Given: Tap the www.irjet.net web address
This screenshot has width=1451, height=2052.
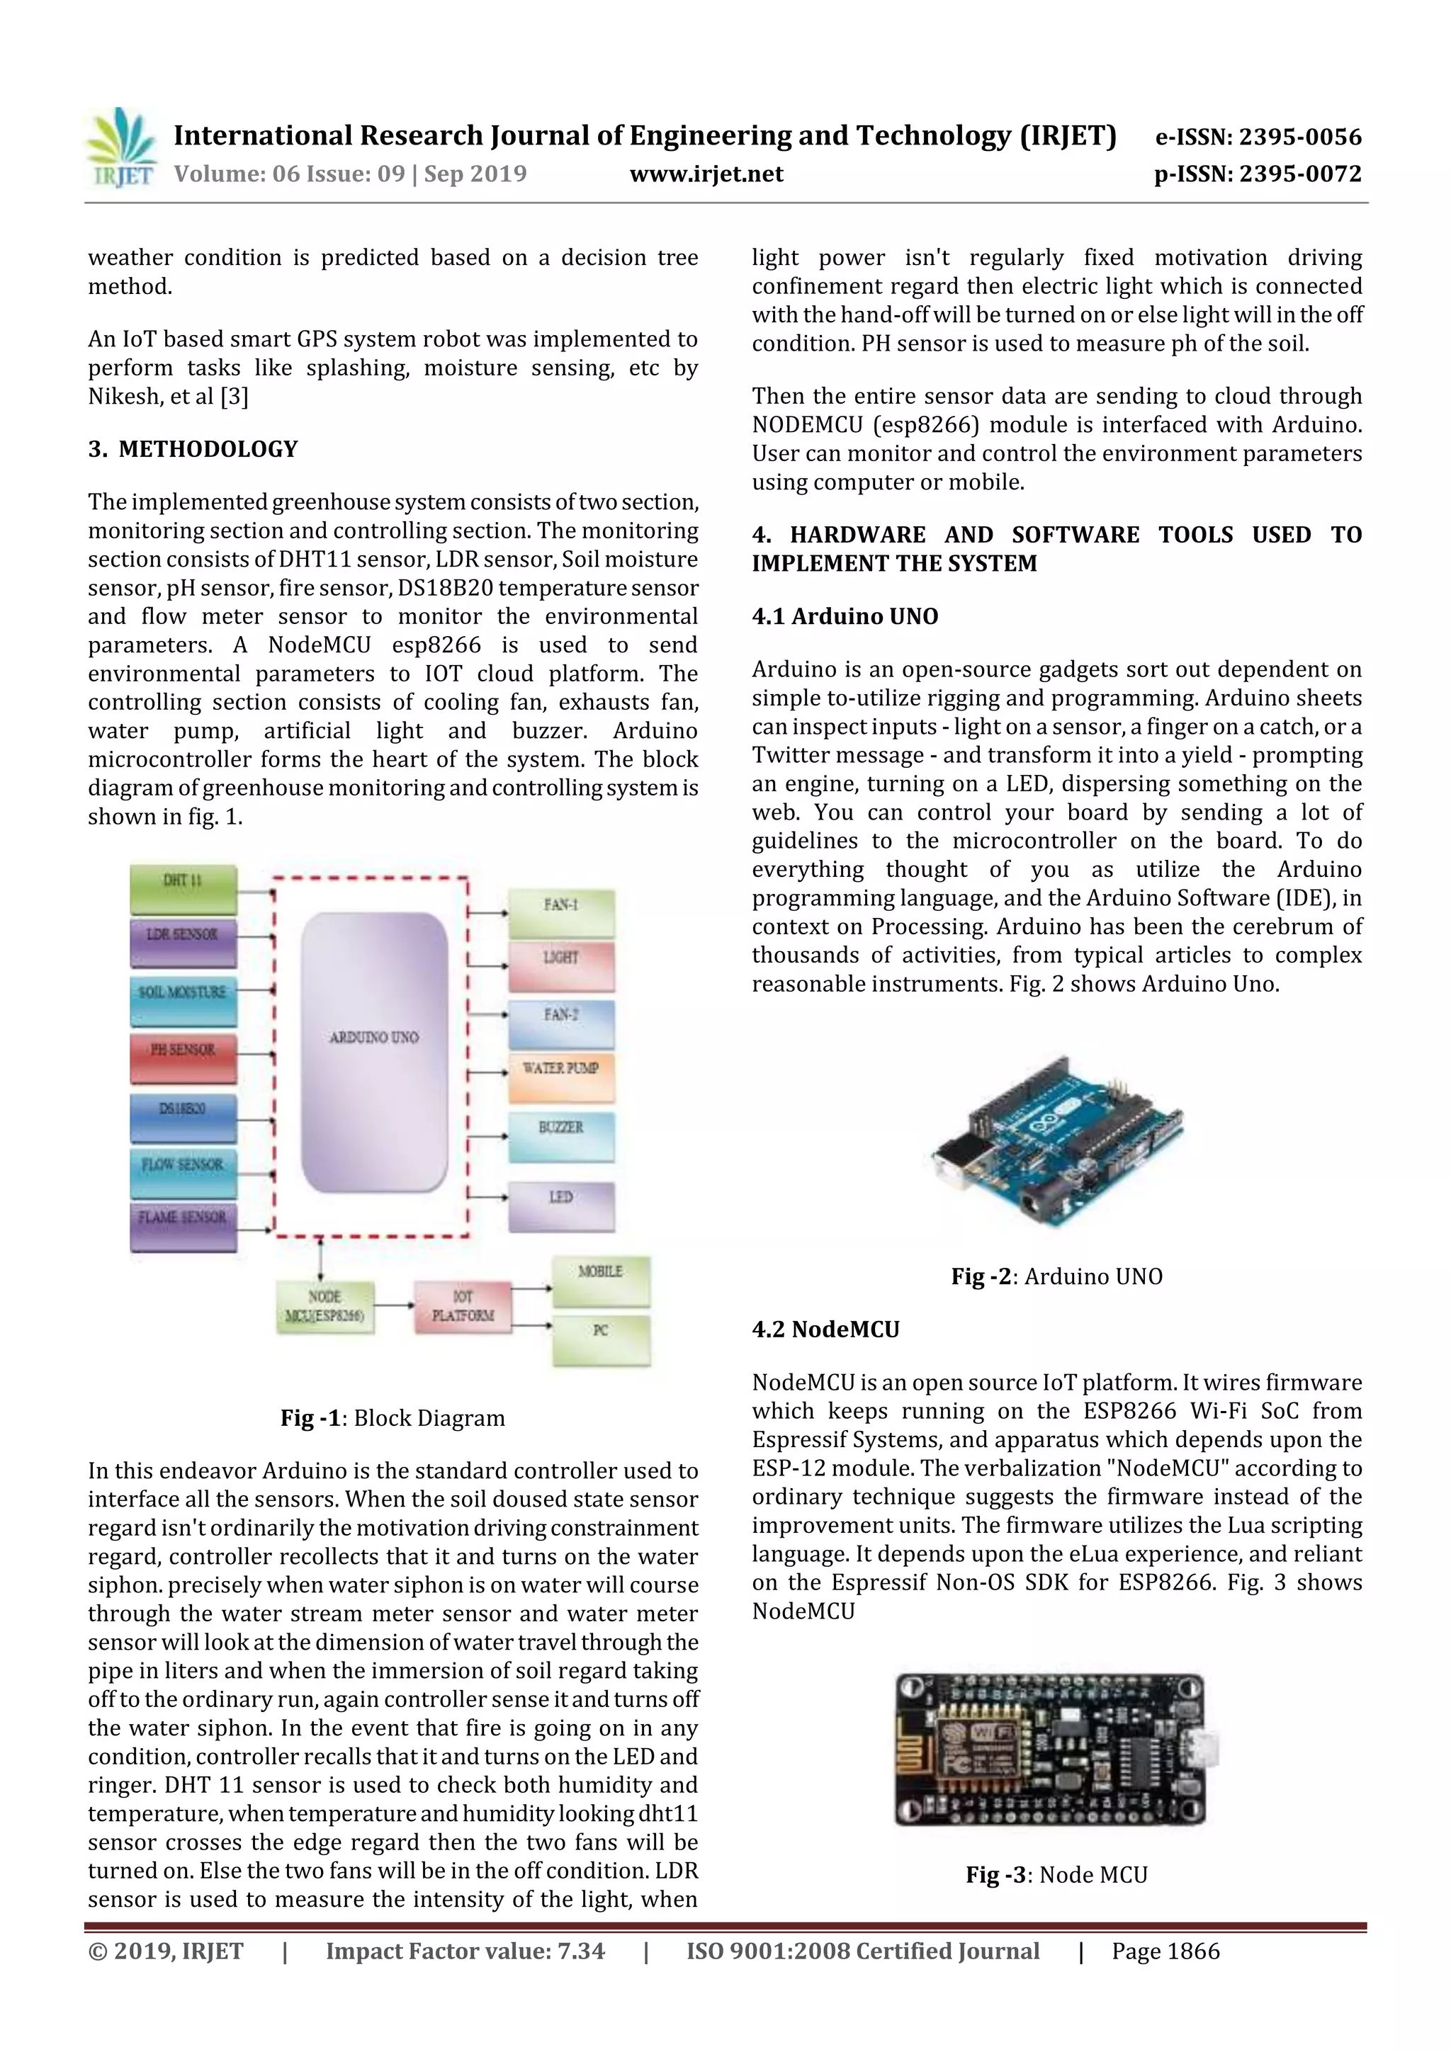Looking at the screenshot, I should point(706,174).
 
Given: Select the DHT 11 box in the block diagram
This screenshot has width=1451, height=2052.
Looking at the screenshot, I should point(184,888).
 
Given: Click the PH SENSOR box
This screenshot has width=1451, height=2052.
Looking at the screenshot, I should point(184,1058).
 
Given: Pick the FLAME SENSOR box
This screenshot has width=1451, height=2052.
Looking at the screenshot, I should point(184,1225).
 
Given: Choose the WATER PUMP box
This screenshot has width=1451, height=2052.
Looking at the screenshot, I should point(560,1076).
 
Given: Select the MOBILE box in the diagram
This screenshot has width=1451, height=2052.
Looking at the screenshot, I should point(600,1280).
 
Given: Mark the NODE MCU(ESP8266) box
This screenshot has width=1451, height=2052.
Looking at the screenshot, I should point(324,1308).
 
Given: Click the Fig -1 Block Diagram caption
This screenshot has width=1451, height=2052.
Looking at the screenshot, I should point(393,1418).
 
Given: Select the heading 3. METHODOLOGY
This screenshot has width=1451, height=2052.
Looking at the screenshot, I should point(193,448).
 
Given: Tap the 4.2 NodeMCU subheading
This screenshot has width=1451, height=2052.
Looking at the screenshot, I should point(825,1329).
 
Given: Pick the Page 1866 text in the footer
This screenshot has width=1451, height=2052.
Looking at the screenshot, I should point(1165,1951).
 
